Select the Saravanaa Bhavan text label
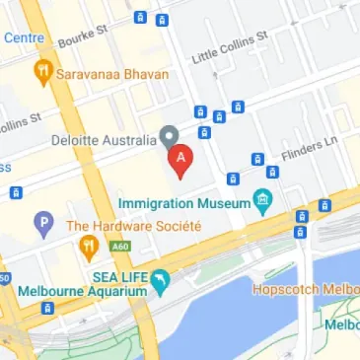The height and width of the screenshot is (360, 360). coord(111,73)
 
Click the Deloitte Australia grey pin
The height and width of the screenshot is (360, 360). coord(169,136)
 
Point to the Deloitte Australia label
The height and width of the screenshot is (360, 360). coord(104,140)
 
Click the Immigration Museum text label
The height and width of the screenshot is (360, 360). coord(182,204)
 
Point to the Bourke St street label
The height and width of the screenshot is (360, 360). coord(82,37)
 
